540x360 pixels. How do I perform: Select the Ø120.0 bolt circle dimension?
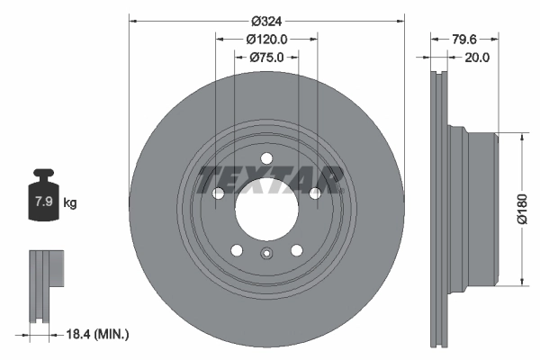tap(266, 39)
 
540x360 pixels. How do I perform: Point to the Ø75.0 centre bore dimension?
tap(266, 58)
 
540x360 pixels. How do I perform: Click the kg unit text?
tap(70, 203)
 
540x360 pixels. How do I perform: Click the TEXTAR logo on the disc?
tap(270, 178)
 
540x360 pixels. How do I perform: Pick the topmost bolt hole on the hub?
tap(266, 159)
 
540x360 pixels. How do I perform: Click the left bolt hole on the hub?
tap(218, 193)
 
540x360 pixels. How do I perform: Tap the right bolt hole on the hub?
tap(315, 193)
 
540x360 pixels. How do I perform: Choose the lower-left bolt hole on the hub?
tap(237, 251)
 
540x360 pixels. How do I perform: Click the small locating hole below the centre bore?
tap(266, 252)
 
